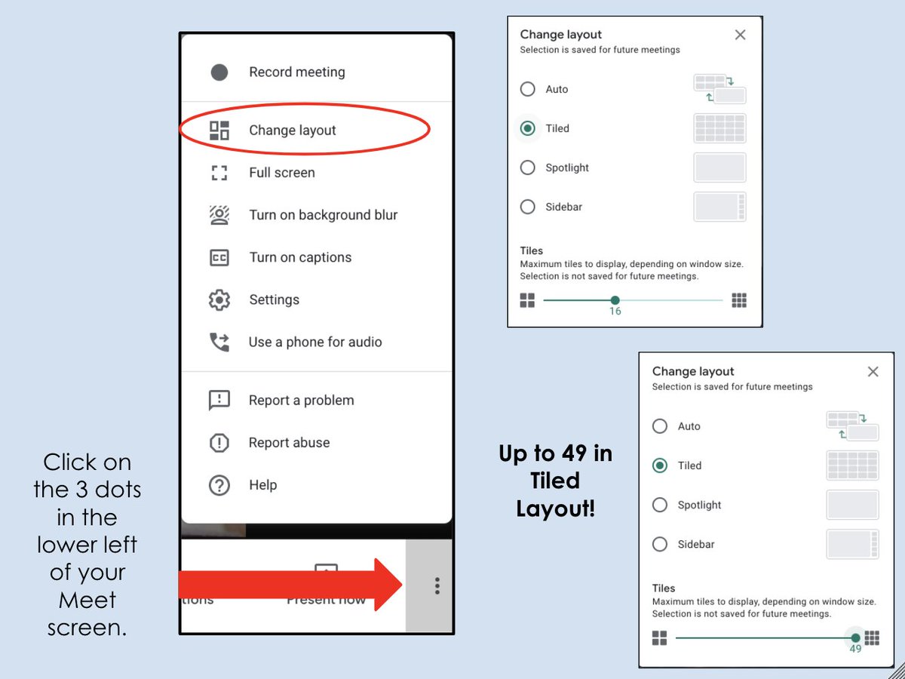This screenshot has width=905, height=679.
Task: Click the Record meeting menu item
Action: [x=296, y=72]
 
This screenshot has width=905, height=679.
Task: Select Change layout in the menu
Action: [x=292, y=131]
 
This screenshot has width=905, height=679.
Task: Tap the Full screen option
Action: [x=281, y=173]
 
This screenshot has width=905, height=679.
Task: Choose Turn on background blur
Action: [x=323, y=215]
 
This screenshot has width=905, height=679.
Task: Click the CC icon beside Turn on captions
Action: [x=219, y=257]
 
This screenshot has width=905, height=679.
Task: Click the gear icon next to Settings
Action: [x=219, y=300]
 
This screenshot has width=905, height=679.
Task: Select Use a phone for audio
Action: [x=314, y=342]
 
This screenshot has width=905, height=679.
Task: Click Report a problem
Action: [x=301, y=400]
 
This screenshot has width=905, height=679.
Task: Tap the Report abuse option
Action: [x=289, y=443]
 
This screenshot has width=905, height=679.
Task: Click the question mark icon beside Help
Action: [x=219, y=485]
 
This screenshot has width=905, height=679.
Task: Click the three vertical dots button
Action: [x=437, y=586]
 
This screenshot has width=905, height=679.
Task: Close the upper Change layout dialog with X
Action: [x=740, y=35]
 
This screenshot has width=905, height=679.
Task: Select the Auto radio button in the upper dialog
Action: [x=528, y=89]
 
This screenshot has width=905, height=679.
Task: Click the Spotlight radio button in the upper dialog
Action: [x=528, y=167]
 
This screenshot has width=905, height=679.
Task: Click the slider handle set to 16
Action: [x=615, y=300]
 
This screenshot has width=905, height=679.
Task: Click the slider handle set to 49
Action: [x=855, y=638]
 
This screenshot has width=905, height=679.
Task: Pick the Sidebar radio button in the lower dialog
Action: [x=660, y=544]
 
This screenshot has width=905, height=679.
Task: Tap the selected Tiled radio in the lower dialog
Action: [x=660, y=465]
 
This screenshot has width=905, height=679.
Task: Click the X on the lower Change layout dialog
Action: [x=873, y=371]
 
